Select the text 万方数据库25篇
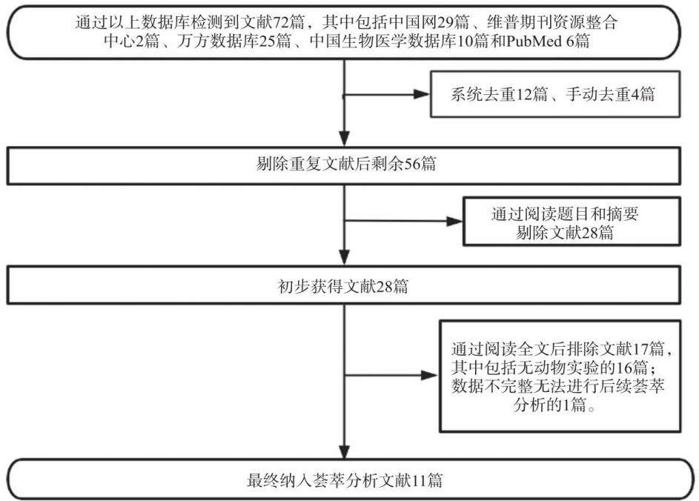pyautogui.click(x=234, y=42)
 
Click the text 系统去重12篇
pyautogui.click(x=499, y=94)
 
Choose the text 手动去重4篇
pyautogui.click(x=610, y=94)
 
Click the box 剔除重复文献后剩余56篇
pyautogui.click(x=344, y=166)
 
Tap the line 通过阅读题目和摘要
pyautogui.click(x=564, y=214)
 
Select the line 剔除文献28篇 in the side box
pyautogui.click(x=564, y=232)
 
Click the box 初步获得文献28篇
pyautogui.click(x=344, y=285)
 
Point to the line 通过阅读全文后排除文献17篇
pyautogui.click(x=561, y=348)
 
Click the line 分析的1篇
pyautogui.click(x=554, y=405)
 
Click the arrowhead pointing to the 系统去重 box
pyautogui.click(x=421, y=95)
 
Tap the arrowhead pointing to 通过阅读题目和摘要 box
pyautogui.click(x=454, y=221)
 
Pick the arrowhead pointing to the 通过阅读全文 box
pyautogui.click(x=430, y=375)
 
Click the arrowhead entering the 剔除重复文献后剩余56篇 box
pyautogui.click(x=344, y=139)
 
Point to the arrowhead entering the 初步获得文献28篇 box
pyautogui.click(x=344, y=257)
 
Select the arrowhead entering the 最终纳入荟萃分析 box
pyautogui.click(x=344, y=451)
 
